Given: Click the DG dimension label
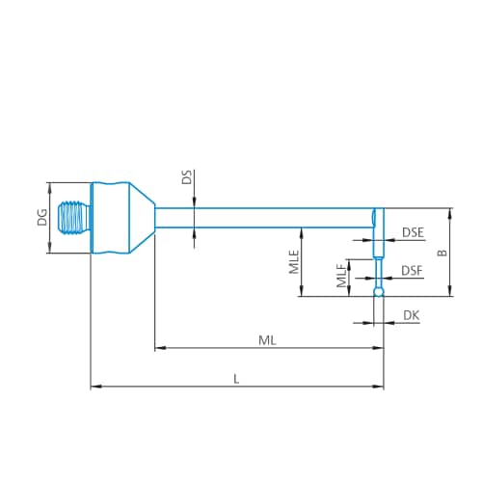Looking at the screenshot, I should point(41,218).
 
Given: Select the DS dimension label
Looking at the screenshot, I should point(186,177).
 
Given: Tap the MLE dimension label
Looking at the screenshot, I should point(293,262).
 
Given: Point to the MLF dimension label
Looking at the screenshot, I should point(341,278).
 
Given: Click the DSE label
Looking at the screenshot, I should point(413,232).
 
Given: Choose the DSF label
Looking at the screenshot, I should point(412,271).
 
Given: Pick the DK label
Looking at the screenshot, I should point(412,315).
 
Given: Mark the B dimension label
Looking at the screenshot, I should point(441,253).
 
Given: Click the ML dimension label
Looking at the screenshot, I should point(267,339).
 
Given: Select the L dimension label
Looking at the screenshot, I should point(237,379).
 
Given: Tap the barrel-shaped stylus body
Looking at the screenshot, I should point(110,218).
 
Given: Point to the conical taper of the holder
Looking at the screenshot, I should point(143,218).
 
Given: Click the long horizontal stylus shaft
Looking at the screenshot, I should point(260,218).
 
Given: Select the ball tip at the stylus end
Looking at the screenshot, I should point(379,291).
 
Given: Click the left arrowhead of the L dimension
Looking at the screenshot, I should point(94,387).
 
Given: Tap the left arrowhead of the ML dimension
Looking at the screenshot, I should point(159,348).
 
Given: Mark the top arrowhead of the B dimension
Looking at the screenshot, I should point(450,212).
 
